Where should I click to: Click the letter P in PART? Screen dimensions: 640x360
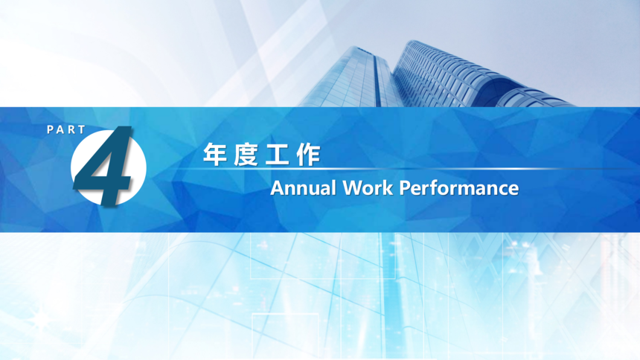click(x=50, y=130)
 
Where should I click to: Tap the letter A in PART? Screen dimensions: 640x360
click(x=60, y=130)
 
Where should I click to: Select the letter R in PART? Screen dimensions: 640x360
click(x=71, y=130)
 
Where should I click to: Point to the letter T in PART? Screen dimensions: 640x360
click(x=81, y=130)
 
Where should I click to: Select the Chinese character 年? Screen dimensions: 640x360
click(x=215, y=155)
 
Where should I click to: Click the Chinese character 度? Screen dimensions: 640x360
click(x=246, y=155)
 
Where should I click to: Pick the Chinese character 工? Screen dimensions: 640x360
click(x=277, y=155)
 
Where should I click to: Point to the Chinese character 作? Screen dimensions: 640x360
click(x=309, y=155)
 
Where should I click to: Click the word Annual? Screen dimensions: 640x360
click(x=304, y=188)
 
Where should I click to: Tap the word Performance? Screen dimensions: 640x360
click(x=459, y=188)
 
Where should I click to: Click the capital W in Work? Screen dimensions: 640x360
click(x=352, y=188)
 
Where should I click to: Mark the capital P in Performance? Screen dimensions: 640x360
click(x=405, y=188)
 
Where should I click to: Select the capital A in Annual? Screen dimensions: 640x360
click(x=278, y=188)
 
